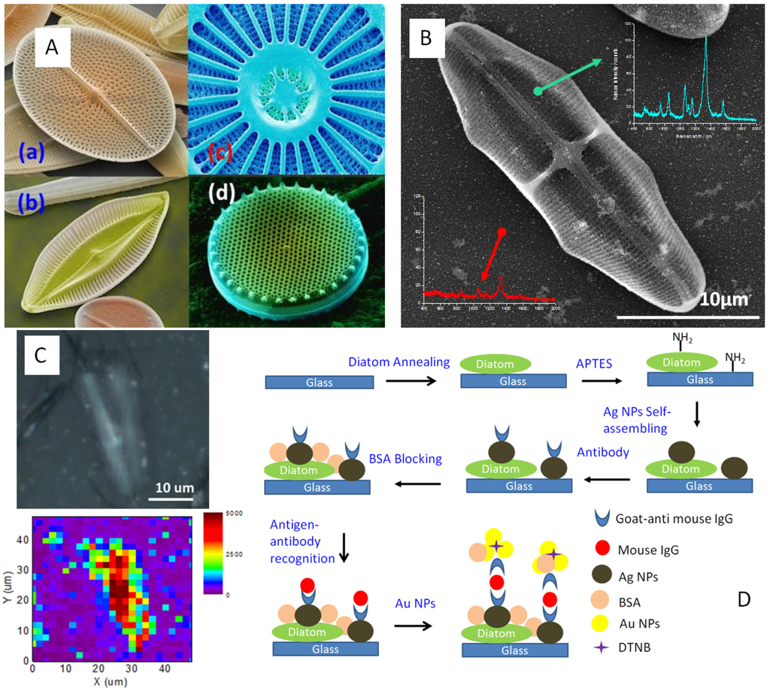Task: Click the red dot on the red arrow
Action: coord(502,232)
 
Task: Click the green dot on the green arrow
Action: coord(537,91)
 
